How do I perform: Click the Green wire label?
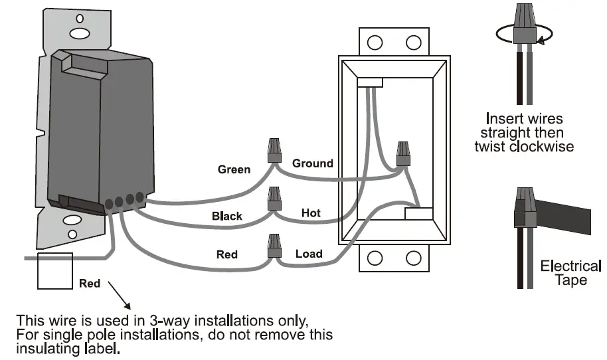pos(234,169)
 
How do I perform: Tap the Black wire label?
pos(227,216)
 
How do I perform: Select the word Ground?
pos(313,163)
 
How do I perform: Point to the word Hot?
pos(311,213)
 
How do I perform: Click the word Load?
pos(309,254)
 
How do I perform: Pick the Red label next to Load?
pos(227,254)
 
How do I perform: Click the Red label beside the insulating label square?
pos(90,284)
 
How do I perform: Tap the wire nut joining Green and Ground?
pos(273,150)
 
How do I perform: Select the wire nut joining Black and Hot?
pos(273,198)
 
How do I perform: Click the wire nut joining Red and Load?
pos(273,245)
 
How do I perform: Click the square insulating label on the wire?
pos(54,270)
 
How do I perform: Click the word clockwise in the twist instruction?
pos(541,146)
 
